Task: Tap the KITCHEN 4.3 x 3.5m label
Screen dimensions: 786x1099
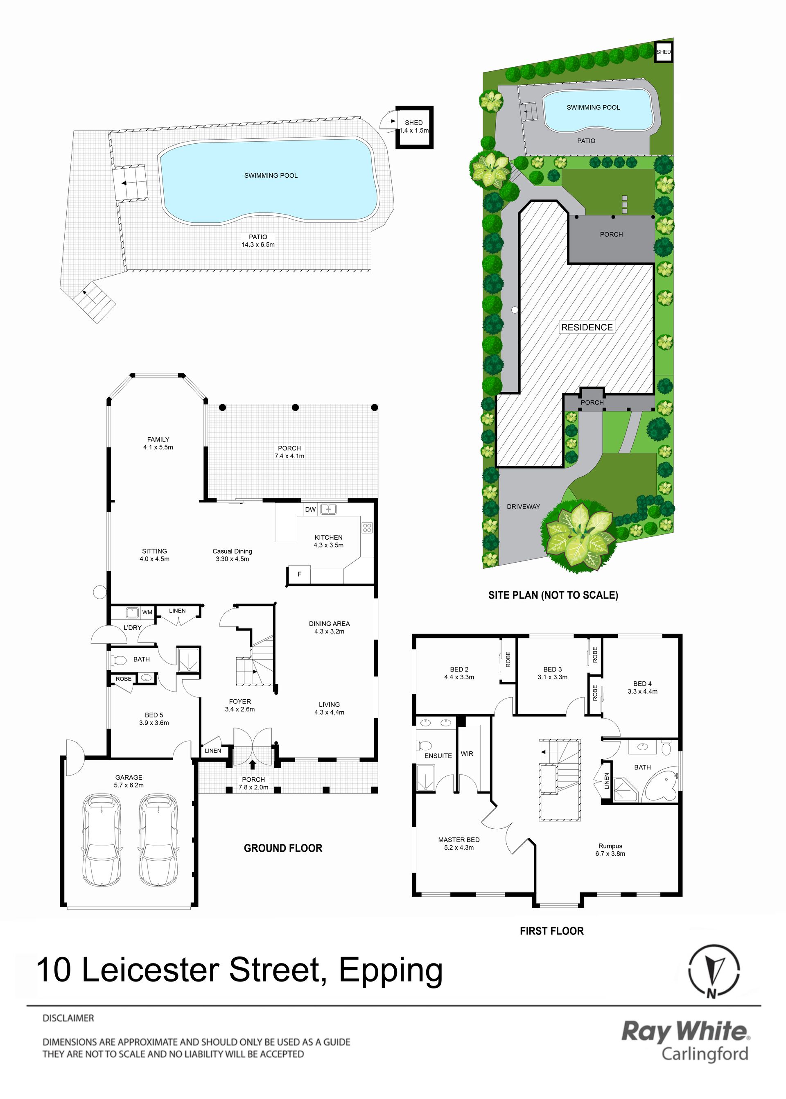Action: coord(329,541)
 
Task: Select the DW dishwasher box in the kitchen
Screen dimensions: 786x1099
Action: coord(310,509)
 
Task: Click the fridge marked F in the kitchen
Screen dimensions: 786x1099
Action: coord(299,574)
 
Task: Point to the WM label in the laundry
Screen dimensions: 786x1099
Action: coord(147,613)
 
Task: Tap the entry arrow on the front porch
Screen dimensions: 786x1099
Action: coord(253,764)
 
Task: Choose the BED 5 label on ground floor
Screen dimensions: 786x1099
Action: coord(154,719)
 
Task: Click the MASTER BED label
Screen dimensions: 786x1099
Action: coord(459,844)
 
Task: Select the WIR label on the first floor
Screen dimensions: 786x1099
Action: coord(467,754)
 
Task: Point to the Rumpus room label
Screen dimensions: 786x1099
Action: coord(610,850)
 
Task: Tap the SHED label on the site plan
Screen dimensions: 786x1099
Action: coord(664,52)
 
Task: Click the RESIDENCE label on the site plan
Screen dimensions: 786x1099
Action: coord(587,327)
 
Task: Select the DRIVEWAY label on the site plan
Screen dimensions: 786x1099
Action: coord(523,507)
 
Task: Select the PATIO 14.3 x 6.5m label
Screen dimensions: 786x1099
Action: coord(258,241)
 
